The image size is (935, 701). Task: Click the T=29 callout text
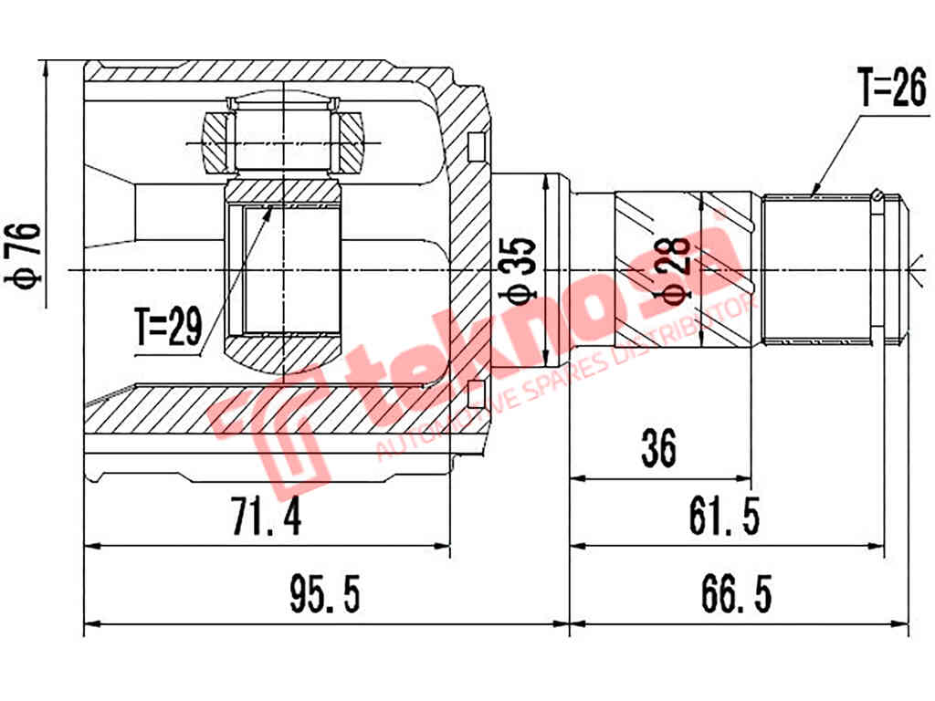coord(168,329)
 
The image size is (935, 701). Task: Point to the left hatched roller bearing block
coord(218,141)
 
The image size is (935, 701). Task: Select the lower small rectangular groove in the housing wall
coord(473,394)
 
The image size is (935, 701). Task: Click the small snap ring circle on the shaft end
coord(877,194)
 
